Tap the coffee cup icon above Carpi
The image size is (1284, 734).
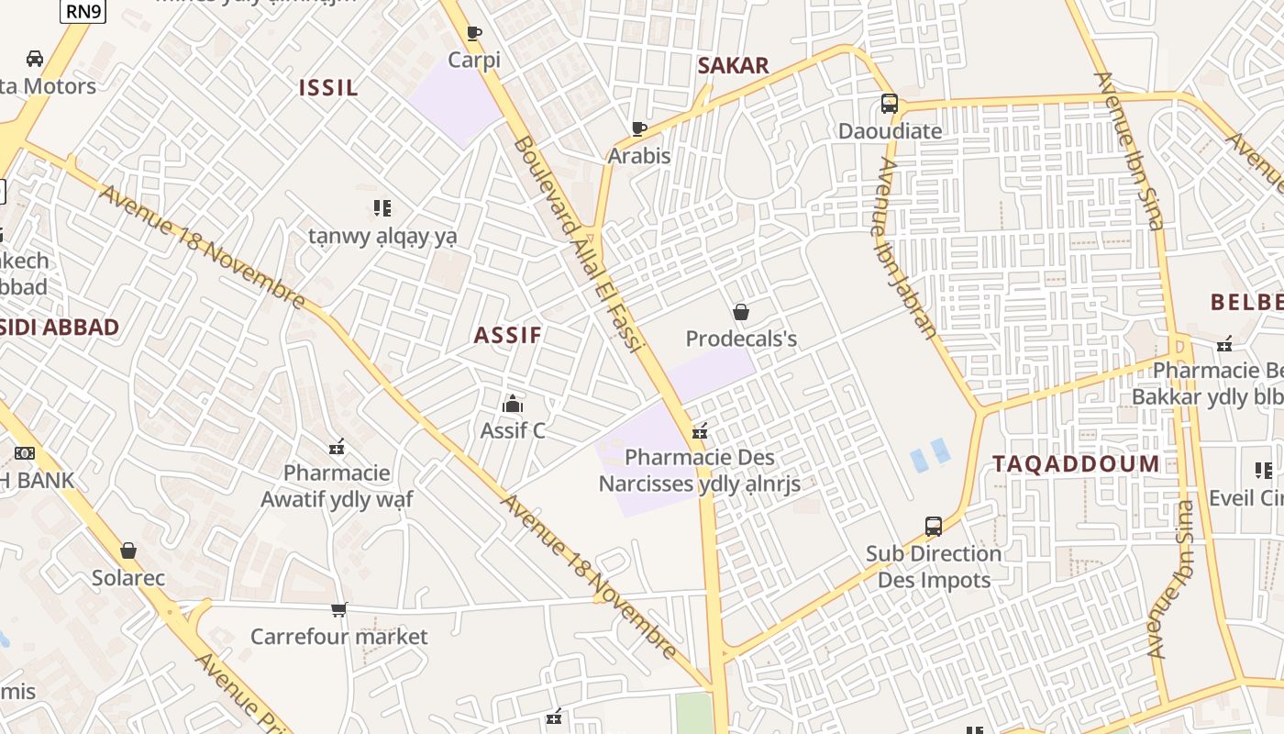474,34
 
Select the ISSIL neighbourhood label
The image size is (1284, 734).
328,88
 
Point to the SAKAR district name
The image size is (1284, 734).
733,65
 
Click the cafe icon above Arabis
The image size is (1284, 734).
639,128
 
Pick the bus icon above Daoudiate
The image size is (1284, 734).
889,104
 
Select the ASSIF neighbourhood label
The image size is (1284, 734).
508,336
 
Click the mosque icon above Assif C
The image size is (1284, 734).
513,404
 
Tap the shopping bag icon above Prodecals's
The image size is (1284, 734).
741,312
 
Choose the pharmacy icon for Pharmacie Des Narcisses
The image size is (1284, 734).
700,430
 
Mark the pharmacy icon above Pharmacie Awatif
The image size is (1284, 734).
337,447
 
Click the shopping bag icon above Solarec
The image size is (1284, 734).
128,550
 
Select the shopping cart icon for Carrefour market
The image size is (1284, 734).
339,609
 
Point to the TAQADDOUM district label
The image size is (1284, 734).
1076,464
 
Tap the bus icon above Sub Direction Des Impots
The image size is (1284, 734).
934,527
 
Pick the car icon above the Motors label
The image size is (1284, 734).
35,59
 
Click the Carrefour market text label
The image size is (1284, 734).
339,637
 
